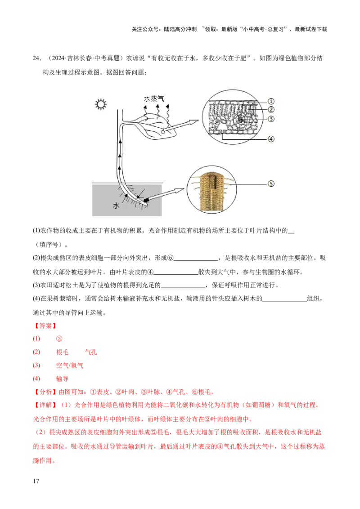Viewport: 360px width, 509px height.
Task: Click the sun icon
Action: (x=100, y=105)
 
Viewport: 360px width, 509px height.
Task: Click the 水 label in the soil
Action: (x=116, y=205)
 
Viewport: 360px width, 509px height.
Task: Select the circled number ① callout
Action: (x=271, y=101)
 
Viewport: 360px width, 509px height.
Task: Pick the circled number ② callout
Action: (x=271, y=109)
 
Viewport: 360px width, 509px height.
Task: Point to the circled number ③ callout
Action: (x=271, y=119)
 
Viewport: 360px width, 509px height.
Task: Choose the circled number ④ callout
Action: (x=271, y=139)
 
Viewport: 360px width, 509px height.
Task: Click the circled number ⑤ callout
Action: (x=271, y=183)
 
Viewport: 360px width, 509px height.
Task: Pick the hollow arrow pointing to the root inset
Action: (x=169, y=194)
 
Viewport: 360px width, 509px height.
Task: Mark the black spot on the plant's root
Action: (x=147, y=201)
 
